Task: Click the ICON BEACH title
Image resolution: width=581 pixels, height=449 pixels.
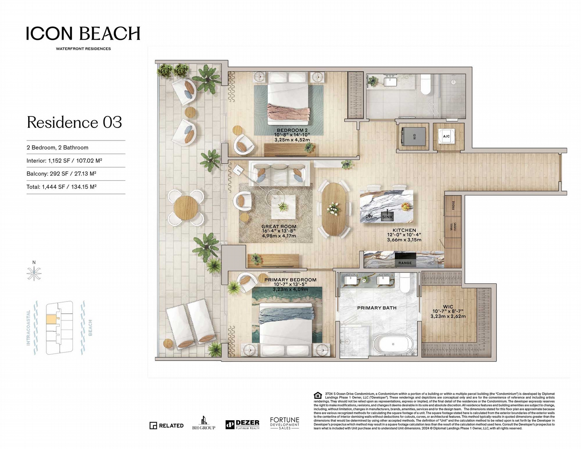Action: point(83,33)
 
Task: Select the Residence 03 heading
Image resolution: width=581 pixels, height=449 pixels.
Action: point(74,122)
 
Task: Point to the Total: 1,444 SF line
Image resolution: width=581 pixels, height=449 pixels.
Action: point(61,187)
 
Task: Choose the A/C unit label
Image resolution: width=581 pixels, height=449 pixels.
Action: point(446,136)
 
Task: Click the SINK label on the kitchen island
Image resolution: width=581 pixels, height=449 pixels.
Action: point(387,217)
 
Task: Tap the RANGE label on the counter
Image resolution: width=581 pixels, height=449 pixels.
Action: point(405,263)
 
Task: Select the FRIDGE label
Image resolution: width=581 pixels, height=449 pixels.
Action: point(453,206)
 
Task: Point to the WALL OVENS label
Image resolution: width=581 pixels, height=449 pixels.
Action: point(453,227)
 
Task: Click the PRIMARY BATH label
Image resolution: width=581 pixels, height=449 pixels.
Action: point(377,308)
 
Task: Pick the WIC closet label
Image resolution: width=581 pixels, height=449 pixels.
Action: point(448,307)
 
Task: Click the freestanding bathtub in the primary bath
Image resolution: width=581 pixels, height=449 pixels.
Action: point(393,345)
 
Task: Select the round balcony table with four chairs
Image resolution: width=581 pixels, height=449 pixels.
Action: point(185,207)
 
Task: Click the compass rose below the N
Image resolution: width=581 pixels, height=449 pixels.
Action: point(34,273)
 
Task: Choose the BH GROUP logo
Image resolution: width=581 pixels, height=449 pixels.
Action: point(204,423)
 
